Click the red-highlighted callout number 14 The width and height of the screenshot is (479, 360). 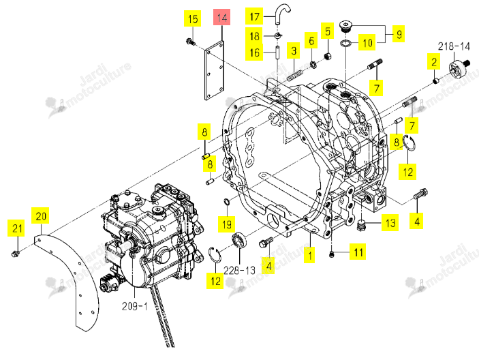(x=221, y=17)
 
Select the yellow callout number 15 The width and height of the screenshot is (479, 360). (x=192, y=18)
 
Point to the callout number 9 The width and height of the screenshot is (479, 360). (x=399, y=33)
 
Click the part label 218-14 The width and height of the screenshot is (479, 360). (x=454, y=46)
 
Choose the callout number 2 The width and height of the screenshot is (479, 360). (x=434, y=62)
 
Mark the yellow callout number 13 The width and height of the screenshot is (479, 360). (x=390, y=223)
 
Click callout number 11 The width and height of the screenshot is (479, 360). (x=358, y=252)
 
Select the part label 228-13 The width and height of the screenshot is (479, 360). (x=239, y=270)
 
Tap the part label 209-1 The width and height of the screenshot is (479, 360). (x=134, y=306)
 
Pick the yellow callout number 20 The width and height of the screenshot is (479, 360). (x=41, y=215)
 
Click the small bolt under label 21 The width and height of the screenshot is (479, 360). (x=15, y=254)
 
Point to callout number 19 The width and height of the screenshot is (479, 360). (x=227, y=224)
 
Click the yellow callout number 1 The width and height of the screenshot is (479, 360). (x=310, y=254)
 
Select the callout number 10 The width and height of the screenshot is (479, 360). (x=367, y=42)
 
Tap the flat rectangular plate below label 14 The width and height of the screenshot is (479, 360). (x=214, y=71)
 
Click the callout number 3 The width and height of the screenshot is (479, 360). (x=294, y=50)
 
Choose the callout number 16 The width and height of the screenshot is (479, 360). (x=254, y=52)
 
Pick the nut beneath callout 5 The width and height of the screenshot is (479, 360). (x=328, y=56)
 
